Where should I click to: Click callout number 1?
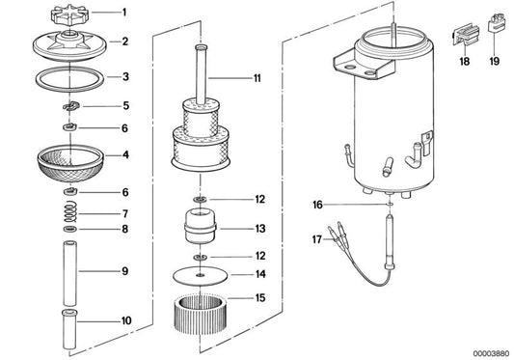pos(122,14)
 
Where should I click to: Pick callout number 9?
pos(122,271)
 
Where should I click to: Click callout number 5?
pos(122,104)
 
